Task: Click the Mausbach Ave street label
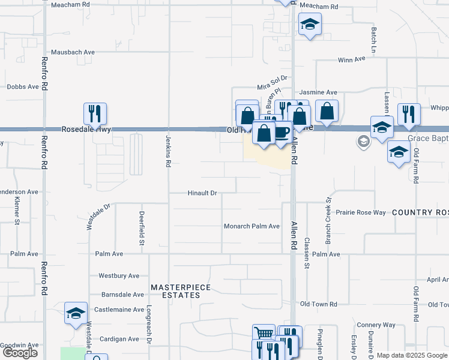(x=73, y=52)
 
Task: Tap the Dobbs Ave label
(x=23, y=86)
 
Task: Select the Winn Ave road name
(x=352, y=59)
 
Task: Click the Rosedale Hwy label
(x=87, y=129)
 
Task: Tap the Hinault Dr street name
(x=202, y=193)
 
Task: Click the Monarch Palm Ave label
(x=252, y=226)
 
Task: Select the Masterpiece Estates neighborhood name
(x=181, y=291)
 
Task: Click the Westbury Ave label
(x=119, y=276)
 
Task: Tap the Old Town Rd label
(x=319, y=304)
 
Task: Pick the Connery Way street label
(x=376, y=325)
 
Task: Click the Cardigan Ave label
(x=119, y=339)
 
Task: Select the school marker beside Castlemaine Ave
(x=76, y=313)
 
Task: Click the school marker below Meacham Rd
(x=310, y=25)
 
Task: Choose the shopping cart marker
(x=264, y=334)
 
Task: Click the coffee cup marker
(x=282, y=131)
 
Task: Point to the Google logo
(x=20, y=353)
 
